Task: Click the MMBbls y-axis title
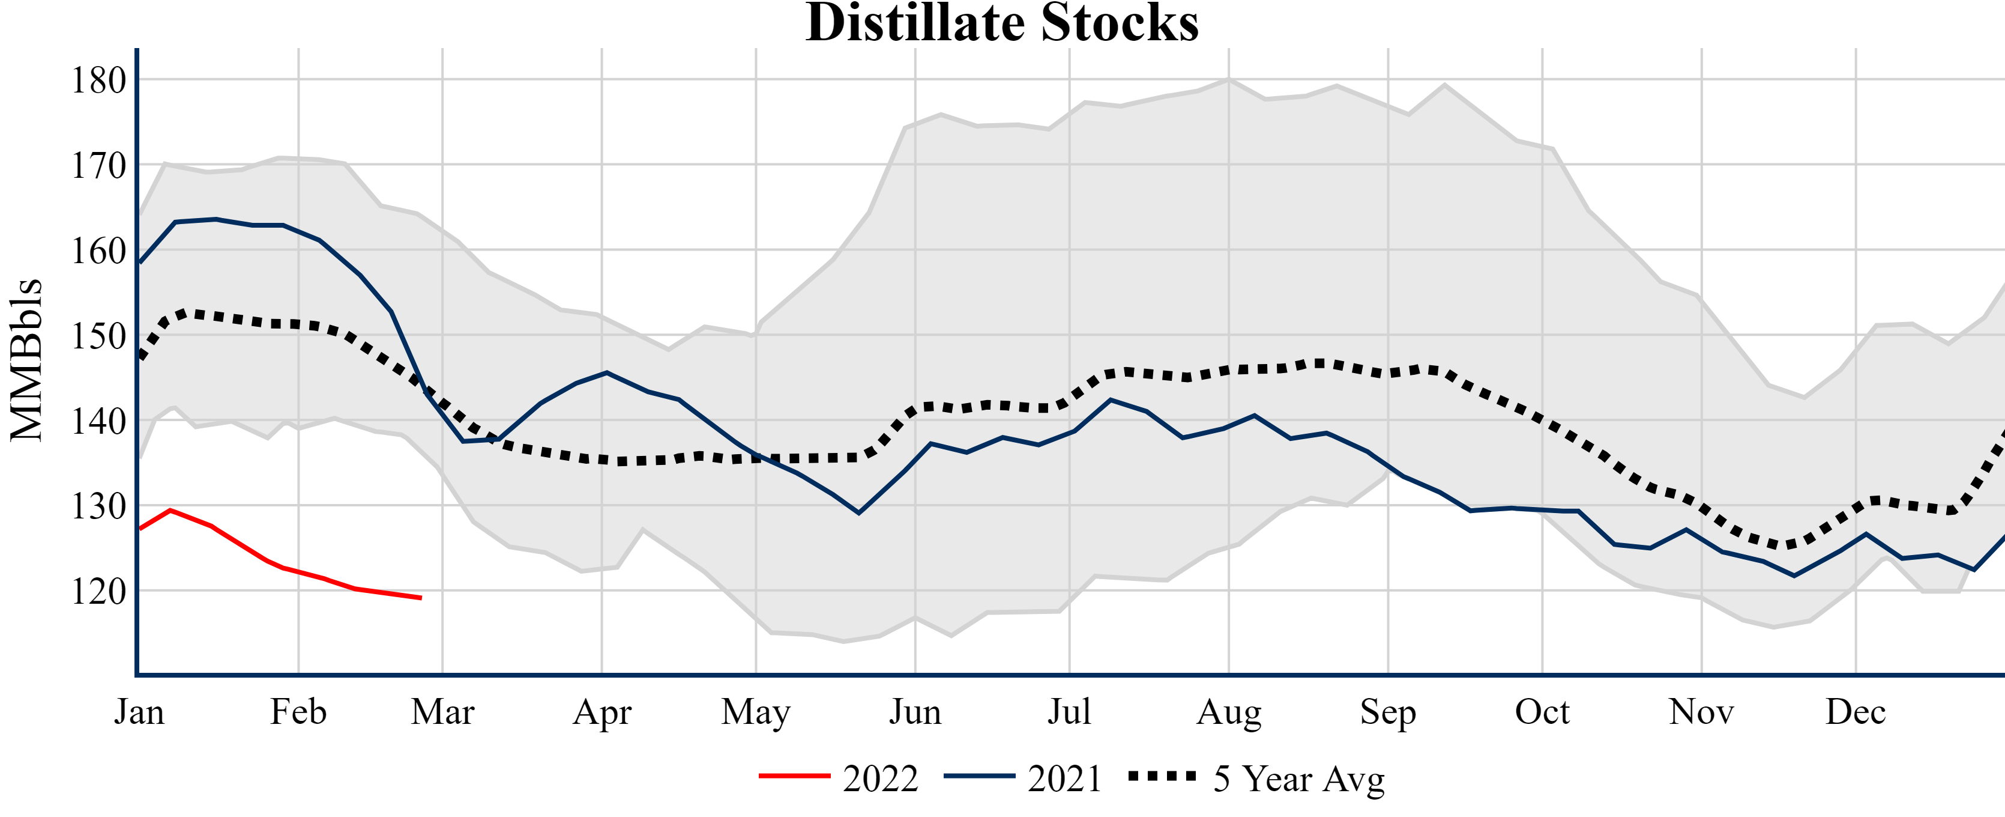pyautogui.click(x=26, y=360)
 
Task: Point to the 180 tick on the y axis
pyautogui.click(x=99, y=80)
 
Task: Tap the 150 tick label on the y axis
pyautogui.click(x=99, y=336)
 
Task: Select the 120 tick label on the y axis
pyautogui.click(x=99, y=592)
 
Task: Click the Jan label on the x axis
pyautogui.click(x=139, y=712)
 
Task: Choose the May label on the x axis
pyautogui.click(x=756, y=712)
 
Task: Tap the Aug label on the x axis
pyautogui.click(x=1229, y=712)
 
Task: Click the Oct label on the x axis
pyautogui.click(x=1542, y=712)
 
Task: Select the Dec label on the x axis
pyautogui.click(x=1856, y=712)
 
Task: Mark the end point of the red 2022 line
pyautogui.click(x=421, y=598)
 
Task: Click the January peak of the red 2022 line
pyautogui.click(x=170, y=510)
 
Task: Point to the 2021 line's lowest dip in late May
pyautogui.click(x=858, y=513)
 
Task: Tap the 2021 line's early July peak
pyautogui.click(x=1111, y=399)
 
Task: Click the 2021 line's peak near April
pyautogui.click(x=606, y=372)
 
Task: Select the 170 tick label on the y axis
pyautogui.click(x=99, y=166)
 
